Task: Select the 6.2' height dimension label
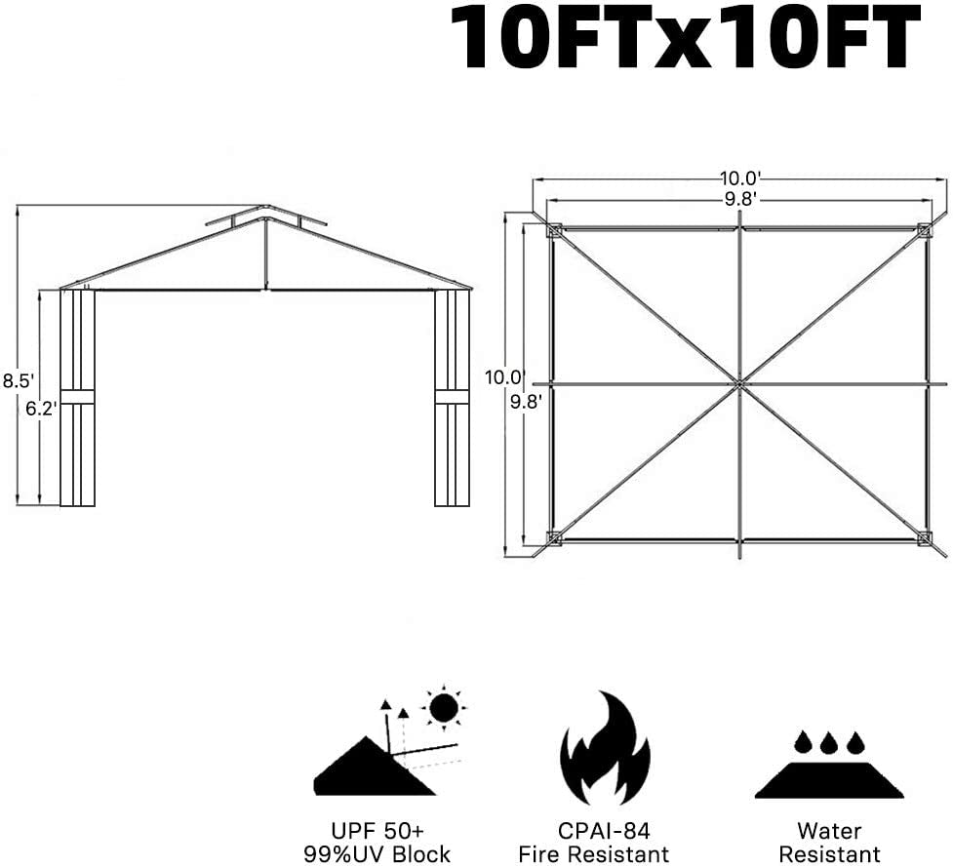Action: click(41, 409)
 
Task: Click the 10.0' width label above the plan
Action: click(740, 178)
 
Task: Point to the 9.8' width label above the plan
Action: click(740, 199)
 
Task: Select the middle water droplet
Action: click(829, 743)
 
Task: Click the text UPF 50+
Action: click(377, 831)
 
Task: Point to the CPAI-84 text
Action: click(604, 831)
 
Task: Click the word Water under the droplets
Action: click(829, 831)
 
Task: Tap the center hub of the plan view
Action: click(739, 383)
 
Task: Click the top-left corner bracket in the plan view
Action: click(553, 231)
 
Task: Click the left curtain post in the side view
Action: click(78, 398)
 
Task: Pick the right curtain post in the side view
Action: click(452, 398)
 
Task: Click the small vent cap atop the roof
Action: click(265, 216)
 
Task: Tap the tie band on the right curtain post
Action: click(452, 396)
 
